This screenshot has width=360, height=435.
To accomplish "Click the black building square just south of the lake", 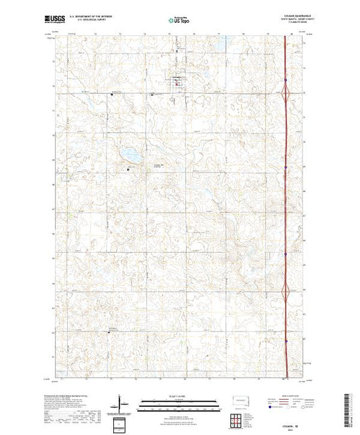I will (x=128, y=168).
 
